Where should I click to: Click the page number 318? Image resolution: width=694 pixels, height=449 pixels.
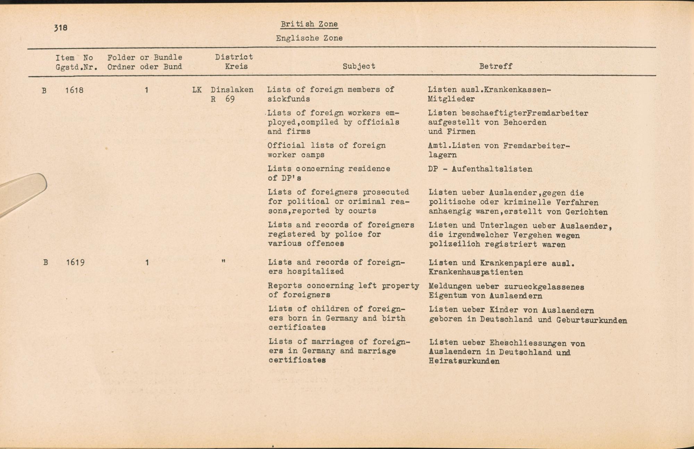(61, 28)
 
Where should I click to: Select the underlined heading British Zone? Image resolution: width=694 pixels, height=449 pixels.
(309, 24)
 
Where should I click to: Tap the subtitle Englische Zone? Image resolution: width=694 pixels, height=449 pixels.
(309, 38)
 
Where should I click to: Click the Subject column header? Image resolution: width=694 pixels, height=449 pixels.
(359, 66)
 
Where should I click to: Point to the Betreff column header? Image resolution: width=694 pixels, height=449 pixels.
(496, 66)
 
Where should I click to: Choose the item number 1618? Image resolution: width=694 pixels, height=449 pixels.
(74, 90)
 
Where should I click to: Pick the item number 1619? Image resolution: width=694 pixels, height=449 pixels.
(75, 262)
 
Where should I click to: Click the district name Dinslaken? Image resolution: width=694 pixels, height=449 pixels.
(232, 90)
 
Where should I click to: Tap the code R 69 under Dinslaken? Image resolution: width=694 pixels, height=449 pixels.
(223, 99)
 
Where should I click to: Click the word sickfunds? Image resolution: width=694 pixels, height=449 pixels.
(289, 99)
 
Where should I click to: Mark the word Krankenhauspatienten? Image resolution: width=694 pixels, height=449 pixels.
(476, 273)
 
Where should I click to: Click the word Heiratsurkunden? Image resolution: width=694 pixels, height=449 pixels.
(464, 361)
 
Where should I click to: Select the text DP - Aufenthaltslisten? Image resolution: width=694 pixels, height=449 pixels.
(480, 169)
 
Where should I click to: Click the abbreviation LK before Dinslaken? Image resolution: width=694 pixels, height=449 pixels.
(197, 90)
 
